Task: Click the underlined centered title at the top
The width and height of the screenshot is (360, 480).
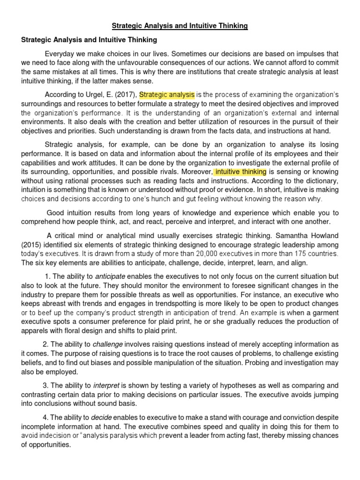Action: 180,26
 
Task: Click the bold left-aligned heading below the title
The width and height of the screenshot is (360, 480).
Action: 89,40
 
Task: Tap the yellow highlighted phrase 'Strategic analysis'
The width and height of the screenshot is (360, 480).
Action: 167,95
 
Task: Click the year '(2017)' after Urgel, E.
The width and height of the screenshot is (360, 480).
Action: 125,95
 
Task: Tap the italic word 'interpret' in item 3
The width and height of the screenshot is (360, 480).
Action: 106,385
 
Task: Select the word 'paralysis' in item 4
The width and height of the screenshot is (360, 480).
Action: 148,435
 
